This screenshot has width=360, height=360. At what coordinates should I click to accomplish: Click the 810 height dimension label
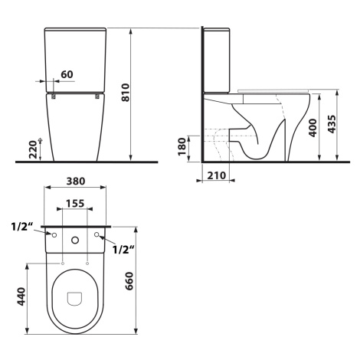126,92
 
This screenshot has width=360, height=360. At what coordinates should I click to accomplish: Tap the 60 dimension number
67,74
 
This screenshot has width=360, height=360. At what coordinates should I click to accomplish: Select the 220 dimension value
33,149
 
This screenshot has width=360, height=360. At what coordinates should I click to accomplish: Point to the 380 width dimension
76,181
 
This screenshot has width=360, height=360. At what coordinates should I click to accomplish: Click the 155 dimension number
75,204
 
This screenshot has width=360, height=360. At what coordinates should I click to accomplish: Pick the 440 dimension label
21,296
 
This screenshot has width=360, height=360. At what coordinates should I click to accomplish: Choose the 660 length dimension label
129,281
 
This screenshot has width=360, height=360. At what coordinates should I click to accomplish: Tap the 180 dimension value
182,146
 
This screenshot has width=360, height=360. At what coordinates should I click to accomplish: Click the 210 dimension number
216,175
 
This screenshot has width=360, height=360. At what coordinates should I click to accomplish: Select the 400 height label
313,128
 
